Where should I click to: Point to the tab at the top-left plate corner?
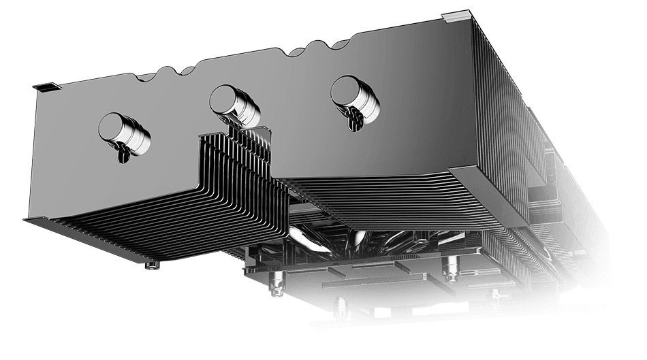[42, 86]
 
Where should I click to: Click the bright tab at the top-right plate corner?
[456, 16]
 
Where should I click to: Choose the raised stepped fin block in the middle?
[235, 177]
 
